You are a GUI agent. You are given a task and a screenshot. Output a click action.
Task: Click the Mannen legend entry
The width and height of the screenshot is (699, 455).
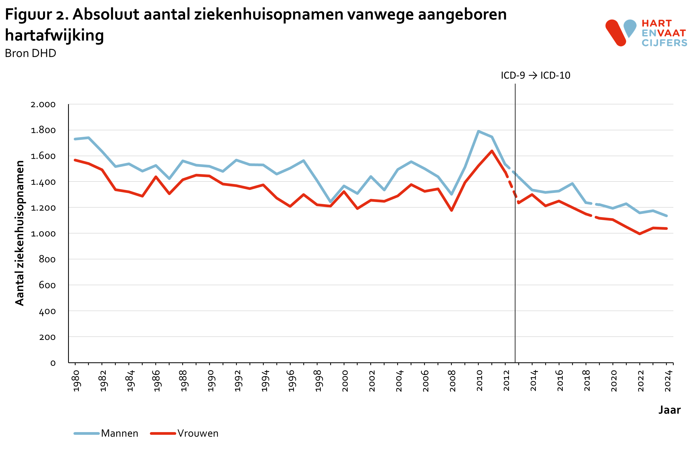pos(119,433)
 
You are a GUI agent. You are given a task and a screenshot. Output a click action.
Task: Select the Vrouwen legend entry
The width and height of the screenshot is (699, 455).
pos(198,433)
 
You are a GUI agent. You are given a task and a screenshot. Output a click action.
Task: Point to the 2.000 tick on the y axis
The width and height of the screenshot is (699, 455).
pos(43,105)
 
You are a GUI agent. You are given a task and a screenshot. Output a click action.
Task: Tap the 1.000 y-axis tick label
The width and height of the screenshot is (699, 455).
pos(43,234)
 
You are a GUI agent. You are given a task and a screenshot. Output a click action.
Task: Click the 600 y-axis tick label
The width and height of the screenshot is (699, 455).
pos(47,285)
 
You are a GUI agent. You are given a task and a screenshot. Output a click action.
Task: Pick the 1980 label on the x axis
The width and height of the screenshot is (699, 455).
pos(76,381)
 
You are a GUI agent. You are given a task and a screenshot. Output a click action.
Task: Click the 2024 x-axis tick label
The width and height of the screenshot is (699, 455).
pos(668,381)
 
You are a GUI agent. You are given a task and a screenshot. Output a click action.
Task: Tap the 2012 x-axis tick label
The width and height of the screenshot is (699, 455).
pos(506,381)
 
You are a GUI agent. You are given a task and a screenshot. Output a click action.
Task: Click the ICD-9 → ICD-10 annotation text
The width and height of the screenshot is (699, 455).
pos(535,76)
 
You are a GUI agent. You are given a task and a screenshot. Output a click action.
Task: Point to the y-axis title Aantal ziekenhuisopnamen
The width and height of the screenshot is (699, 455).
pos(20,233)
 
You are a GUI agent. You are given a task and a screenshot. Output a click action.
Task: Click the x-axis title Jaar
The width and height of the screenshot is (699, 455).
pos(669,410)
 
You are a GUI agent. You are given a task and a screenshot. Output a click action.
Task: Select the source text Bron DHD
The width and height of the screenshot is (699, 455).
pos(31,53)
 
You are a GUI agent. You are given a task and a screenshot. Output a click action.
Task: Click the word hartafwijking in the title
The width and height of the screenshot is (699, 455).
pos(55,35)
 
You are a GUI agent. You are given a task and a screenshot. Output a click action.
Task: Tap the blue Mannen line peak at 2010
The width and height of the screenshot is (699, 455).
pos(478,131)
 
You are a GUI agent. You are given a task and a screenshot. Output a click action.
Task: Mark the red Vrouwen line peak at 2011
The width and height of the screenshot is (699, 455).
pos(492,151)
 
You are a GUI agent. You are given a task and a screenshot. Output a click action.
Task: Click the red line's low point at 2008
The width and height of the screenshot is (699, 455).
pos(451,211)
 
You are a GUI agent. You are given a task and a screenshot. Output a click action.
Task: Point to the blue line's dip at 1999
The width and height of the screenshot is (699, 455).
pos(330,202)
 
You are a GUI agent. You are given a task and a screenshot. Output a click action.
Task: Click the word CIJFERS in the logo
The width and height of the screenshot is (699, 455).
pos(664,43)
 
